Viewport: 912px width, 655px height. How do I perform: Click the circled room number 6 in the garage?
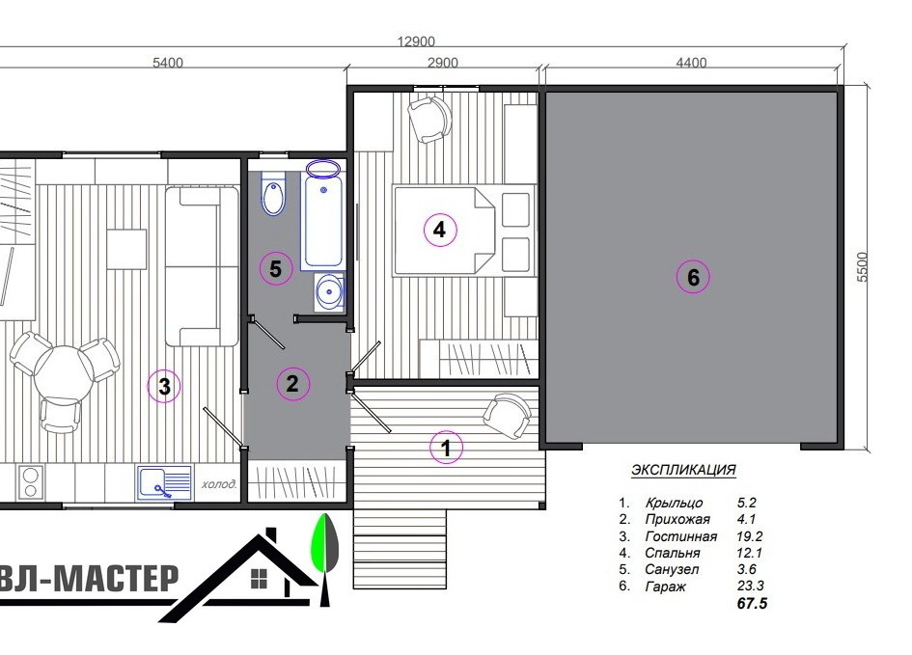693,277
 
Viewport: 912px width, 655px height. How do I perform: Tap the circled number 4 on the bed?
440,230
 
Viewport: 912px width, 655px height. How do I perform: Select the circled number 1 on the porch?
446,448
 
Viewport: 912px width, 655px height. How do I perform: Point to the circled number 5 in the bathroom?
276,268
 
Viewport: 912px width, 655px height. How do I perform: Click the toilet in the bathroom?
273,192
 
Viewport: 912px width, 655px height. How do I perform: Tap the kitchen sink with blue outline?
164,482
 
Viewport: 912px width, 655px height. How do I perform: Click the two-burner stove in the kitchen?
30,482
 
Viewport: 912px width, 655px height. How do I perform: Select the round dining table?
63,373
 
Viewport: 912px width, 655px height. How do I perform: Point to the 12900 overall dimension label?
416,41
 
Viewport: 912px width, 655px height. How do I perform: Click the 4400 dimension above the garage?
692,62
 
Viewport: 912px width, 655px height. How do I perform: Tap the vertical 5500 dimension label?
862,267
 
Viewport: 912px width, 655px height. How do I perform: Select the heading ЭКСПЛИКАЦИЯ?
683,470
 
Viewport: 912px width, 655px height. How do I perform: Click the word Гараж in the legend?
665,587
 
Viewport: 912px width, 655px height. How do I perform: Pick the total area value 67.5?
752,603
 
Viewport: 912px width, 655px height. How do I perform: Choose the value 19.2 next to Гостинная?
749,535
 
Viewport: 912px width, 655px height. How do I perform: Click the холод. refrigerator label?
219,483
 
